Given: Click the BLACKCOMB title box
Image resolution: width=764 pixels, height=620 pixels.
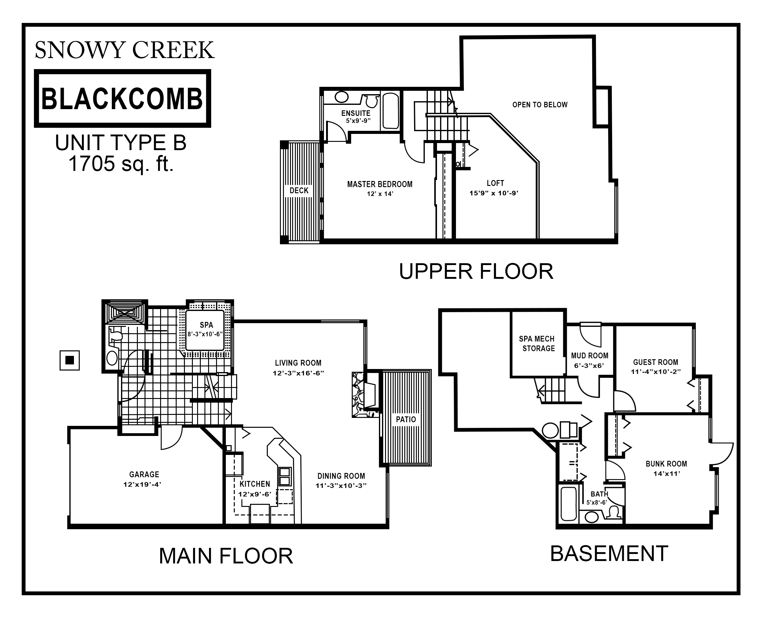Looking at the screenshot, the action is [123, 98].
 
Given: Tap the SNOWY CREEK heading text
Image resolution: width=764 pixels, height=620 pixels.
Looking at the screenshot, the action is [125, 50].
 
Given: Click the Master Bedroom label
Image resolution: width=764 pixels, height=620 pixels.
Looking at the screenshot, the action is [380, 184].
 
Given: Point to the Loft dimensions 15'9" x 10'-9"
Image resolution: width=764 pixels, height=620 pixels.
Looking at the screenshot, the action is [494, 193].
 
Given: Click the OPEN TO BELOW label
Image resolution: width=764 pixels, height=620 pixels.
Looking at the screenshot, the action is [540, 105].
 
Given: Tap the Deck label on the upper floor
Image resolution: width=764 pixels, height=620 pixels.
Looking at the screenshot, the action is [299, 190].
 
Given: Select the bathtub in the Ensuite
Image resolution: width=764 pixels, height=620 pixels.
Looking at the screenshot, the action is [391, 111].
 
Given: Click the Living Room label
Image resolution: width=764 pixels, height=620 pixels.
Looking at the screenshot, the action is [298, 363].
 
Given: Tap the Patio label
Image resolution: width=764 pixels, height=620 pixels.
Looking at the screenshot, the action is [406, 419].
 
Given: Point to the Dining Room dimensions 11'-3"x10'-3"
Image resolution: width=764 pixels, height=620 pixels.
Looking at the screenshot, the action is [341, 486].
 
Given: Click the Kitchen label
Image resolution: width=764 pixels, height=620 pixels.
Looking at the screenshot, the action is [255, 484].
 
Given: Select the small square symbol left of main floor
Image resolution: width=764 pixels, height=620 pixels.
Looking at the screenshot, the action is [70, 360].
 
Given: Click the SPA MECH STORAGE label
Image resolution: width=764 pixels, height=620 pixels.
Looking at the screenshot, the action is [537, 344].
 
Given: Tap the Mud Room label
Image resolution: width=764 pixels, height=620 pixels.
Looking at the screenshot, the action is [590, 356].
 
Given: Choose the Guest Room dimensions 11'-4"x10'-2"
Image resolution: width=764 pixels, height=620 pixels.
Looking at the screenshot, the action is [656, 371].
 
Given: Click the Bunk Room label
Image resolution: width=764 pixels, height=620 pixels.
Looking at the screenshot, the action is [666, 463].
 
